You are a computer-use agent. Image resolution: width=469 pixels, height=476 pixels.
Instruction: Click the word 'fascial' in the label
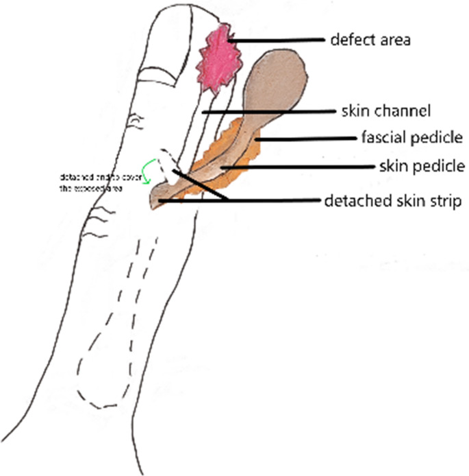(381, 138)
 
